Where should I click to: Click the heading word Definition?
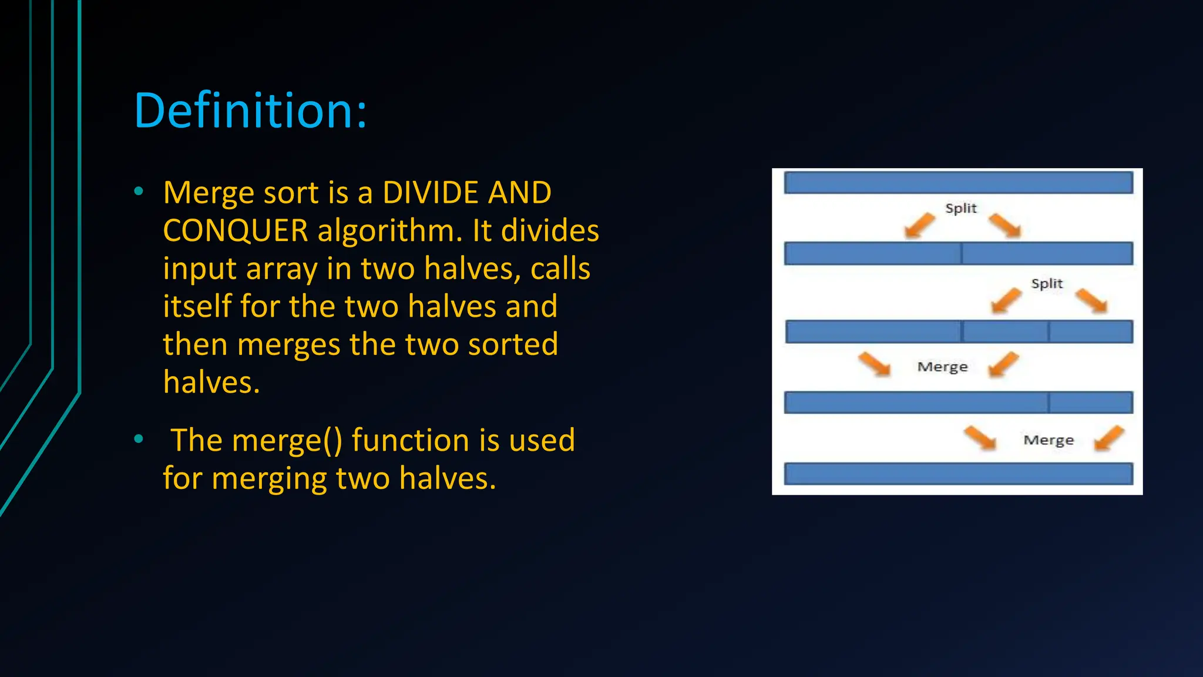click(x=250, y=110)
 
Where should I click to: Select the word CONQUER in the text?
click(x=235, y=230)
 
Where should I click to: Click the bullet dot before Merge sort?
click(x=139, y=191)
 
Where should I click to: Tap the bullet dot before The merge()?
click(x=139, y=438)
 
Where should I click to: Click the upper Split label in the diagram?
click(x=960, y=209)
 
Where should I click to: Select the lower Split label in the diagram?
click(x=1047, y=284)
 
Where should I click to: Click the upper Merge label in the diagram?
click(x=942, y=367)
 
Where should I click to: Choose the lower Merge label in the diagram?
click(x=1049, y=440)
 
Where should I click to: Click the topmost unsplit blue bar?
click(x=958, y=183)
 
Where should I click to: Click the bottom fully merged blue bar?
click(x=958, y=474)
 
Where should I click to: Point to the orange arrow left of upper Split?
click(x=919, y=226)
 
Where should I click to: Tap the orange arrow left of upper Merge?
click(x=874, y=364)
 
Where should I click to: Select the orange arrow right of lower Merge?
click(x=1109, y=438)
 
